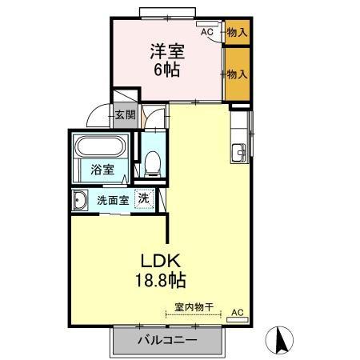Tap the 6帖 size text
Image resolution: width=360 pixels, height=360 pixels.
pyautogui.click(x=166, y=69)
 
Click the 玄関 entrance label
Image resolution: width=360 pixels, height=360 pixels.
pyautogui.click(x=124, y=114)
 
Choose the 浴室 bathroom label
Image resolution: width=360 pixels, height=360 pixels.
pyautogui.click(x=101, y=170)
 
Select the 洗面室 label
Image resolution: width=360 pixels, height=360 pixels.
pyautogui.click(x=113, y=199)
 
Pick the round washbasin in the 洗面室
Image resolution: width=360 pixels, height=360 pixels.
pyautogui.click(x=80, y=199)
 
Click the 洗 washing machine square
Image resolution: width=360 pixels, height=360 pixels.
pyautogui.click(x=143, y=198)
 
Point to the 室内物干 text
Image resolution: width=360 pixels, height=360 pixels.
pyautogui.click(x=194, y=306)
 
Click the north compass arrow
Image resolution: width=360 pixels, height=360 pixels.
pyautogui.click(x=281, y=339)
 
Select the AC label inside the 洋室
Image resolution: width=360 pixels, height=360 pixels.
pyautogui.click(x=206, y=32)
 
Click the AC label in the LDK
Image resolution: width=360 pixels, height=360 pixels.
pyautogui.click(x=237, y=312)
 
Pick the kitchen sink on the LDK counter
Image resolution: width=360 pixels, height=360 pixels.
pyautogui.click(x=239, y=152)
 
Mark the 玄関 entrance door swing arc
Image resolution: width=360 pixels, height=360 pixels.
pyautogui.click(x=97, y=118)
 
